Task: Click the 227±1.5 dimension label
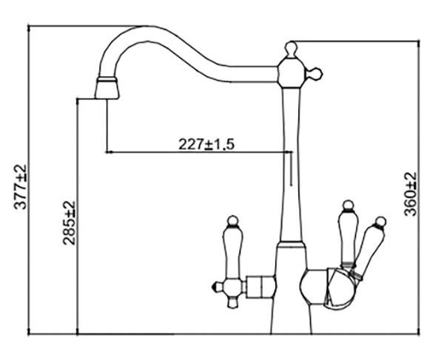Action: click(206, 144)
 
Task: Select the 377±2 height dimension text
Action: click(21, 187)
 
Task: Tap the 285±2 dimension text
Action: click(69, 223)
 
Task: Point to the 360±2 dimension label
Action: click(410, 194)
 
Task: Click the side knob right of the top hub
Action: click(314, 74)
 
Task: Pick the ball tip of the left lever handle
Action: click(233, 221)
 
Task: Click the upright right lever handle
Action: click(349, 233)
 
